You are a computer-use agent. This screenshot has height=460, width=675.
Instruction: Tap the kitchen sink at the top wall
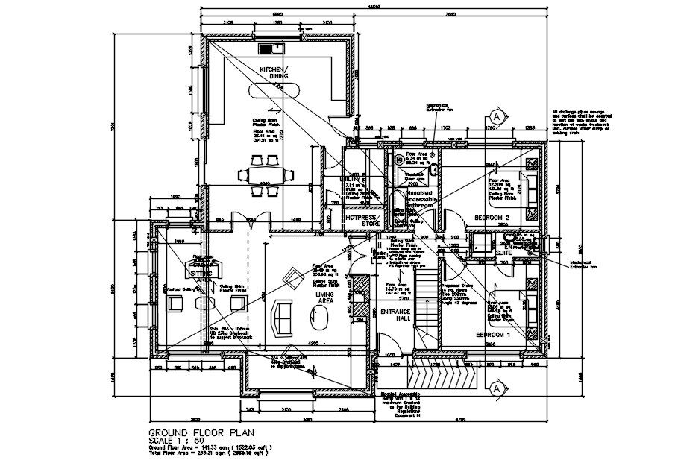(271, 49)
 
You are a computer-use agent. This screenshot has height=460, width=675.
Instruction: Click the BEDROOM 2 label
(491, 218)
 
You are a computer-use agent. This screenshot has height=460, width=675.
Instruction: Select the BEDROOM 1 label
(493, 335)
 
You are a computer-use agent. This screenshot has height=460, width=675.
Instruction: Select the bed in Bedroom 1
(531, 306)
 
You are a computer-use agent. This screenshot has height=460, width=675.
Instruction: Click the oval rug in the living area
(322, 321)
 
